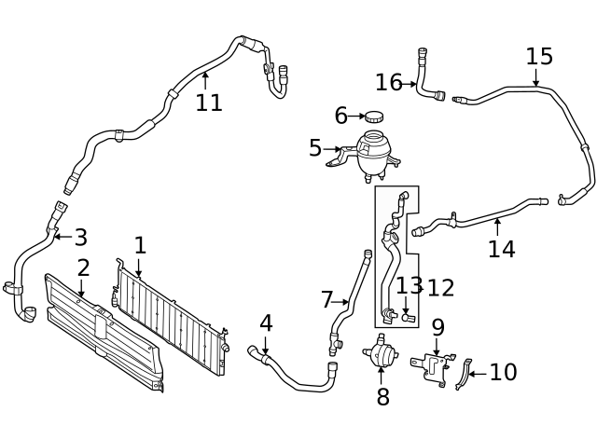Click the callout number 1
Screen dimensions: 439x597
(140, 245)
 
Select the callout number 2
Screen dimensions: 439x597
(83, 268)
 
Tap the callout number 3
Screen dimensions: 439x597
(80, 238)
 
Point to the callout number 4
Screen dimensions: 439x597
(266, 323)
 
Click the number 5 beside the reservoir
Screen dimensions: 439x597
(315, 148)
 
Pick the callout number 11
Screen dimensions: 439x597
(209, 103)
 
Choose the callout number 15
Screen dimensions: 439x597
(538, 57)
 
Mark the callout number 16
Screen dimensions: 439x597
(388, 83)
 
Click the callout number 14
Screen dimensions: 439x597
(501, 249)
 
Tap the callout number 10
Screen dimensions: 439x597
(503, 373)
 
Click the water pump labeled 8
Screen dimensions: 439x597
(380, 353)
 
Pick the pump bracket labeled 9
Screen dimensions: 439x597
(433, 365)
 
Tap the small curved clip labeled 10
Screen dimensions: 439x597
(463, 374)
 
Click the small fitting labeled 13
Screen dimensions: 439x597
(407, 318)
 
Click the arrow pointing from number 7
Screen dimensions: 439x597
(343, 301)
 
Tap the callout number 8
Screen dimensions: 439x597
(382, 398)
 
